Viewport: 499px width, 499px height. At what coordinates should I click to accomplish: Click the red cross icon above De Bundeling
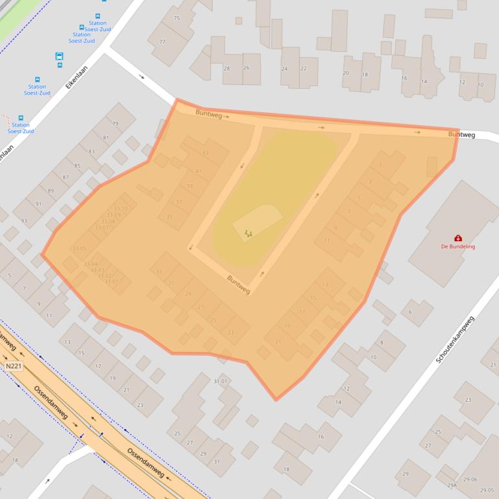coord(458,238)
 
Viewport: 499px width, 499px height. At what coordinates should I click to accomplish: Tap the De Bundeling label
coord(458,247)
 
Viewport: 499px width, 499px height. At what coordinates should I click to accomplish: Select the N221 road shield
coord(13,366)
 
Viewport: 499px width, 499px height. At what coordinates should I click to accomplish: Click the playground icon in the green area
coord(248,233)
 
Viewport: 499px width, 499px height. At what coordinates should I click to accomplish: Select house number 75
coord(176,18)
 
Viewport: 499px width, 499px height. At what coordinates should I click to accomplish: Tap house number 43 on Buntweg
coord(206,153)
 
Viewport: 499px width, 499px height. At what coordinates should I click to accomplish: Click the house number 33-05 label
coord(79,248)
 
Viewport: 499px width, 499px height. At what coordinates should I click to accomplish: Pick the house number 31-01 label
coord(221,381)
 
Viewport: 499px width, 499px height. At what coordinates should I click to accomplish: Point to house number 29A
coord(452,485)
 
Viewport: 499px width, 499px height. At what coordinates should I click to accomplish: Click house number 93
coord(24,221)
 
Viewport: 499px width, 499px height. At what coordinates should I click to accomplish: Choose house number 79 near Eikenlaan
coord(116,124)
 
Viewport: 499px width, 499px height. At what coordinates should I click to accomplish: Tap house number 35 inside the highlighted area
coord(169,217)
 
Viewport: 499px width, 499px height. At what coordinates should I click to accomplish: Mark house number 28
coord(226,69)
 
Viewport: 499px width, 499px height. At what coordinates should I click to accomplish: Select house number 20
coord(345,73)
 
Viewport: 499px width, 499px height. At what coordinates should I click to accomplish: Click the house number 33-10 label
coord(121,209)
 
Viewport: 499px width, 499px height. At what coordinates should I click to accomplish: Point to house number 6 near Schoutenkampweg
coord(410,312)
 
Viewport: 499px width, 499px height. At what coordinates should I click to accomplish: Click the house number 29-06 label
coord(470,480)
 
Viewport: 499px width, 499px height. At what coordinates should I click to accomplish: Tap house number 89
coord(51,191)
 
